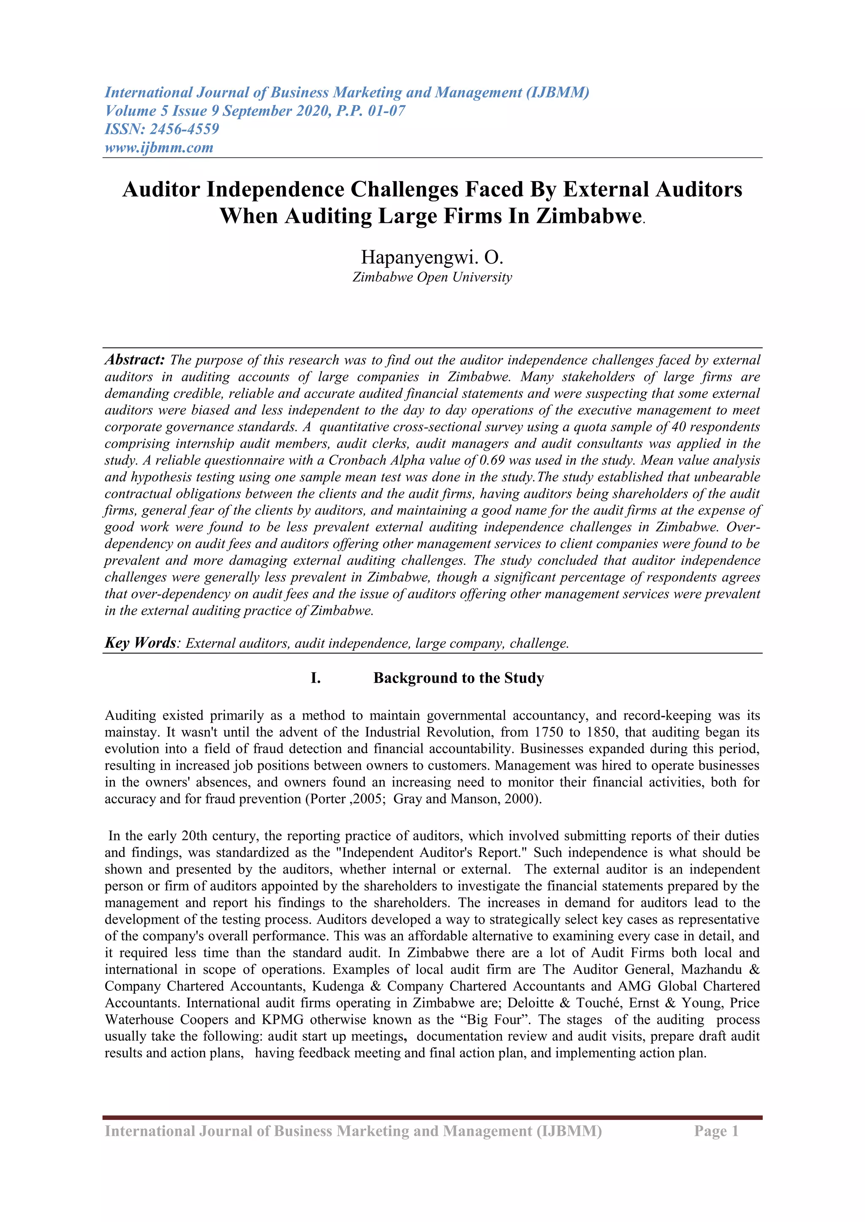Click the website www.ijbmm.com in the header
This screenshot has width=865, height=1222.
pyautogui.click(x=159, y=147)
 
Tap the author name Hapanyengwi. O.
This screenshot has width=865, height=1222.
pyautogui.click(x=432, y=257)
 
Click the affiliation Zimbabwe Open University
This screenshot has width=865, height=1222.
pyautogui.click(x=432, y=277)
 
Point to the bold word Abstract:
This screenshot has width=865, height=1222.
pyautogui.click(x=135, y=360)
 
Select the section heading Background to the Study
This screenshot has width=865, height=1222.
pyautogui.click(x=458, y=678)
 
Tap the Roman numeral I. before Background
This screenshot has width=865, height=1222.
pyautogui.click(x=316, y=678)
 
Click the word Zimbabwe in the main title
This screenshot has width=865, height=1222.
pyautogui.click(x=588, y=216)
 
